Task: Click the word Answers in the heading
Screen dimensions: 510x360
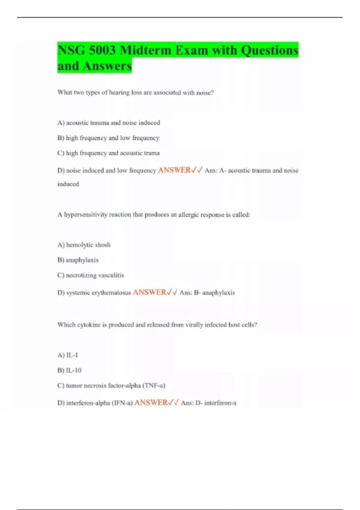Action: (x=107, y=66)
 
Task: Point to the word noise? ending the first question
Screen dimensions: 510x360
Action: (x=205, y=93)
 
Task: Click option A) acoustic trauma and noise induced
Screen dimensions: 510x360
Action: (x=109, y=123)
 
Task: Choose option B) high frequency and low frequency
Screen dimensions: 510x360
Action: (x=108, y=138)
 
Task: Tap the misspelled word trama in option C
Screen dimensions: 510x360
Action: (x=152, y=153)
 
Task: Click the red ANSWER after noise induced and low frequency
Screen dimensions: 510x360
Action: (x=174, y=170)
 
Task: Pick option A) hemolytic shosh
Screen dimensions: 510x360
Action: (x=84, y=245)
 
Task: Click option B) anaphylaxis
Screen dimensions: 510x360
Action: (x=78, y=260)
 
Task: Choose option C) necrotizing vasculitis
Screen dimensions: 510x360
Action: (x=91, y=275)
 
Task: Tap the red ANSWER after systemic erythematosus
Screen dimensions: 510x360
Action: (x=149, y=292)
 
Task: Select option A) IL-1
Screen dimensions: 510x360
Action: (x=68, y=355)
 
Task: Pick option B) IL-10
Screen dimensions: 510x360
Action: (x=69, y=370)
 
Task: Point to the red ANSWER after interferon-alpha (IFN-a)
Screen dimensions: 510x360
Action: (x=151, y=403)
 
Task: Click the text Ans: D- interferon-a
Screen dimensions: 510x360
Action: (x=208, y=403)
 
